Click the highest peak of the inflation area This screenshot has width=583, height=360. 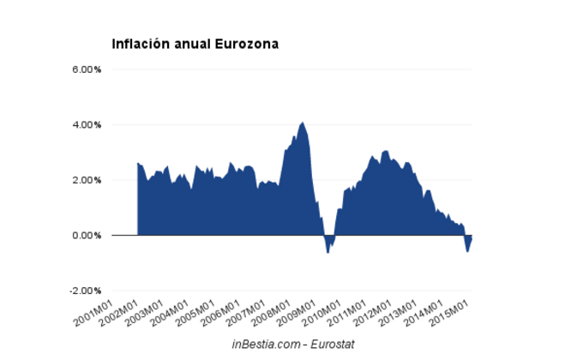tap(302, 123)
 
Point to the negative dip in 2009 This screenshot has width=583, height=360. tap(328, 250)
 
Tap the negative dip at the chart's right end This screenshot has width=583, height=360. tap(468, 249)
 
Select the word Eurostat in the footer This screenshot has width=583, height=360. tap(334, 344)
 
